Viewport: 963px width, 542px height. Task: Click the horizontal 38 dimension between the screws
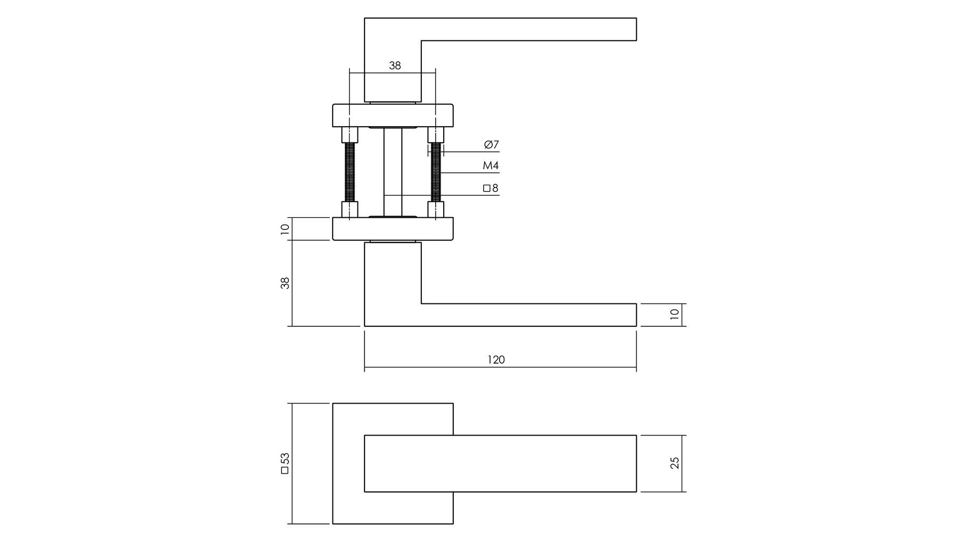click(395, 66)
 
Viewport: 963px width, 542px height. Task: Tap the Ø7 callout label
click(491, 144)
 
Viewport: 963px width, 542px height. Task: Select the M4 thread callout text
click(491, 166)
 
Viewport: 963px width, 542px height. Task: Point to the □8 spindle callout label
click(491, 188)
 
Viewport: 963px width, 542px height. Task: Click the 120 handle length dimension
click(496, 360)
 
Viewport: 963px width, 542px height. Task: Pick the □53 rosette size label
click(285, 463)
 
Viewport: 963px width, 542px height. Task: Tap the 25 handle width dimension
click(675, 463)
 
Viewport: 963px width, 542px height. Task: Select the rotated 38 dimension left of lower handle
click(285, 283)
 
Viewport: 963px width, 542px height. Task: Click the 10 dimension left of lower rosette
click(285, 229)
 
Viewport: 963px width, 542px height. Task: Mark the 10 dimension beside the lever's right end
click(675, 314)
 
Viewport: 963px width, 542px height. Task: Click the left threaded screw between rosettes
click(350, 173)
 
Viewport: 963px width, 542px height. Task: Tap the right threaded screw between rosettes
click(436, 173)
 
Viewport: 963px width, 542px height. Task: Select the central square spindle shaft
click(393, 173)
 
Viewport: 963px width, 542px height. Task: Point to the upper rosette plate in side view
click(393, 116)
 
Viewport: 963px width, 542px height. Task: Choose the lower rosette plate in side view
click(393, 229)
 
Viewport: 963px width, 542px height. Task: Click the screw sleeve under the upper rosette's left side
click(350, 135)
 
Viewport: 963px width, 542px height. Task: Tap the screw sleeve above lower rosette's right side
click(436, 209)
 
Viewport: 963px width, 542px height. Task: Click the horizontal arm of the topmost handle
click(500, 29)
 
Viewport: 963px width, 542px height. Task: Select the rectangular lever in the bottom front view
click(500, 463)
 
